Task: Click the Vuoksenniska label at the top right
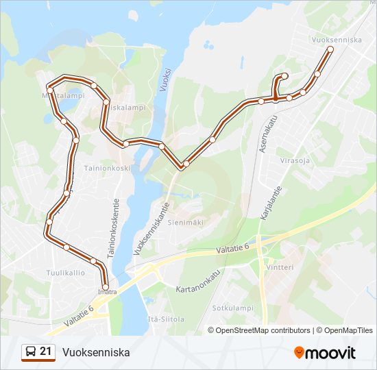pos(336,40)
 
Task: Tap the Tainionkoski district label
pos(107,167)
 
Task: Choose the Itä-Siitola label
pos(166,319)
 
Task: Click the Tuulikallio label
pos(65,272)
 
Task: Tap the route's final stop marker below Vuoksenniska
pos(330,49)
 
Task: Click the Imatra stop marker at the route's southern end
pos(105,286)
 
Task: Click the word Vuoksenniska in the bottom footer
pos(95,352)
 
